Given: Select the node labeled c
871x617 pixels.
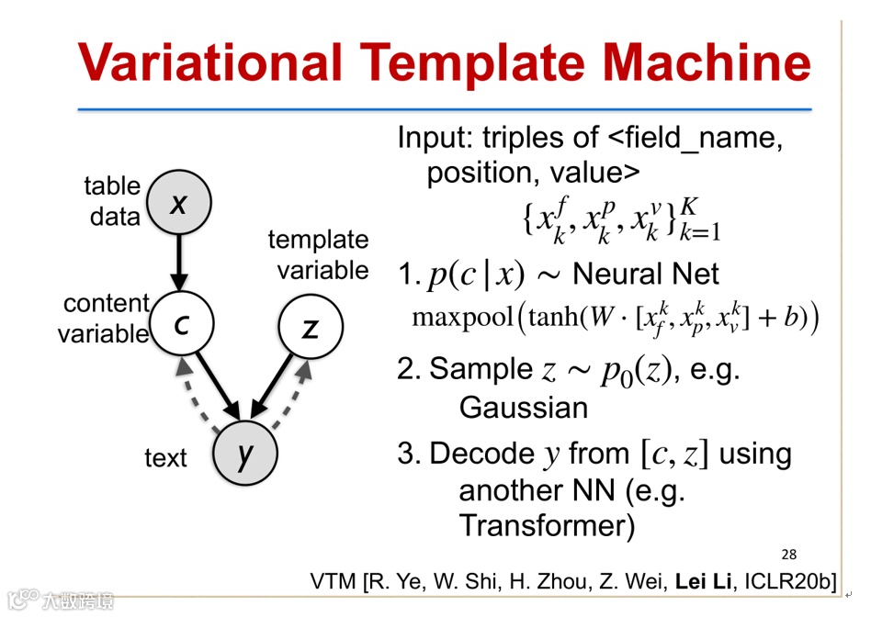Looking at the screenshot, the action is coord(181,324).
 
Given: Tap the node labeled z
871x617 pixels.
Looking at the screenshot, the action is coord(311,327).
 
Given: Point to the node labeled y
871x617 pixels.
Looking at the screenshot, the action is coord(245,453).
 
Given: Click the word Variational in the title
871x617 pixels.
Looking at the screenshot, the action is coord(209,63).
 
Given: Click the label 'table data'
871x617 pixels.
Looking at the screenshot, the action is coord(113,201).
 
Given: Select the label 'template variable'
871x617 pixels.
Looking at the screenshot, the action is coord(318,255).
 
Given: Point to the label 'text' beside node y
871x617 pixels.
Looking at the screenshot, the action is coord(165,458).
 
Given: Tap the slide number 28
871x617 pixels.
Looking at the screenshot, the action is coord(788,554).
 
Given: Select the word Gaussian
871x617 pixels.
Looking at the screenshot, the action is coord(523,408).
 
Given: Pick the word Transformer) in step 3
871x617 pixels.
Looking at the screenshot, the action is coord(547,526).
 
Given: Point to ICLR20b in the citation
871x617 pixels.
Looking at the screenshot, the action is coord(791,581).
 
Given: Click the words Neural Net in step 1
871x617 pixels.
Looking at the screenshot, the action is coord(646,274).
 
